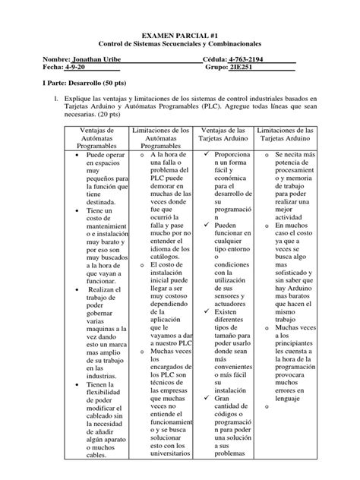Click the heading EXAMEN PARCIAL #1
pos(180,35)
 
